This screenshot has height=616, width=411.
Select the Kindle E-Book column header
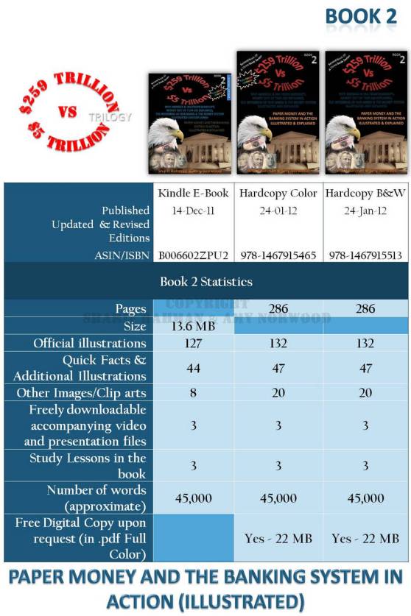coord(194,194)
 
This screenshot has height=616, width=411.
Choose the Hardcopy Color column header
coord(278,194)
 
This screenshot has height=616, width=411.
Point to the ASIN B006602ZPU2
coord(194,255)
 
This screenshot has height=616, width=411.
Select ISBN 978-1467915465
coord(278,255)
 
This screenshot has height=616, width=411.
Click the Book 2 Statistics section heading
coord(205,281)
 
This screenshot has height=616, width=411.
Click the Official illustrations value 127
coord(193,343)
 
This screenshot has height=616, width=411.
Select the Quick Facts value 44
coord(193,368)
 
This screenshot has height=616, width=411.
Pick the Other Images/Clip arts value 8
coord(193,393)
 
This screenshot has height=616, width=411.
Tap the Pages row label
coord(130,309)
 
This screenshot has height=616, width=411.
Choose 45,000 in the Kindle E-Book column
coord(193,498)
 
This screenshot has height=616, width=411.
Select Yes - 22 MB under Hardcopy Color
coord(278,539)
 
